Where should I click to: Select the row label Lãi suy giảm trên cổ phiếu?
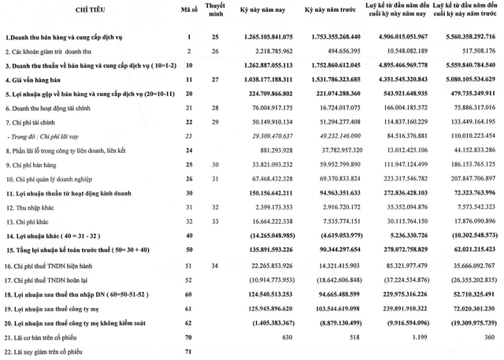coord(50,348)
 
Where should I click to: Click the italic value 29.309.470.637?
coord(263,137)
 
